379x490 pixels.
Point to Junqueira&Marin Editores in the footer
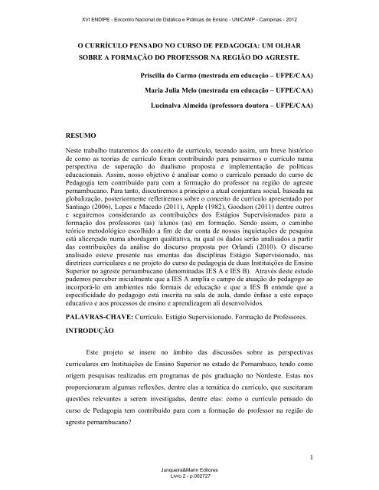(188, 476)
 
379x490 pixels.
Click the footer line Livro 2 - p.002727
(188, 484)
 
